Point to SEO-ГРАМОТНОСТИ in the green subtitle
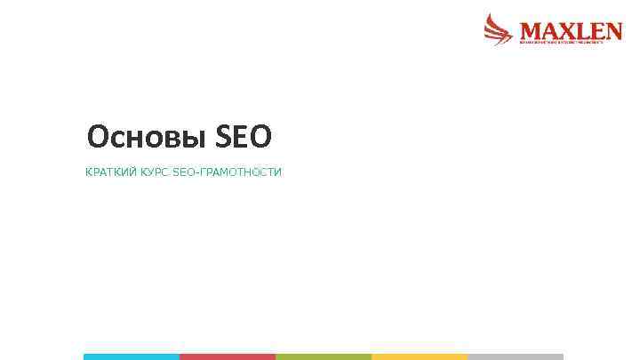coord(227,172)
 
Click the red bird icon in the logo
coord(499,28)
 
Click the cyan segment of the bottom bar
coord(132,356)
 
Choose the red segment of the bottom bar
coord(228,356)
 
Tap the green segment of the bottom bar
coord(324,356)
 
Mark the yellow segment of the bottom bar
coord(420,356)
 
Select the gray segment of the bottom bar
coord(516,356)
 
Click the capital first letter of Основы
coord(97,137)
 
